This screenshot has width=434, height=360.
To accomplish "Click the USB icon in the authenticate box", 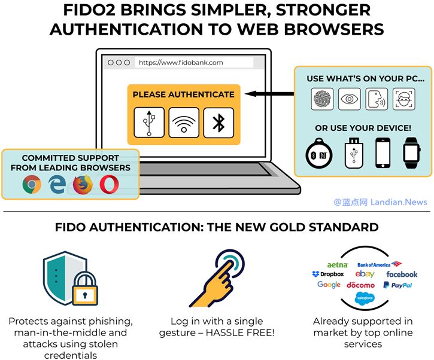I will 148,123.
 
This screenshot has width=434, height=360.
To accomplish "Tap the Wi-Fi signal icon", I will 184,123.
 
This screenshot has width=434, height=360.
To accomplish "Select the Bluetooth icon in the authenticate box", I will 218,123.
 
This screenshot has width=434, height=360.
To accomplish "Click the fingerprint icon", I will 322,99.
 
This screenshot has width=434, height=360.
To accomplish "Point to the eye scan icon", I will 350,99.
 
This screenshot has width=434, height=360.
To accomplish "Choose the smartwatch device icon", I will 411,152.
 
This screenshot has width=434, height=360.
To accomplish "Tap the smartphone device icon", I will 383,152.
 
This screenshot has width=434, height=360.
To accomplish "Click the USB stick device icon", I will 354,152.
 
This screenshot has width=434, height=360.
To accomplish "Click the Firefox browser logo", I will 83,185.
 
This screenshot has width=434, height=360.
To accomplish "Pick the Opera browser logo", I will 109,185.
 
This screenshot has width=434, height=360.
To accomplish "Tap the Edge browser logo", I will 57,185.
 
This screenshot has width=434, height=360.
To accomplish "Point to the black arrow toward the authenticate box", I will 269,94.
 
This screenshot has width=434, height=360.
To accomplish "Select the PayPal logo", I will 397,285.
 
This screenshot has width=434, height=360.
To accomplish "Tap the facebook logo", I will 402,274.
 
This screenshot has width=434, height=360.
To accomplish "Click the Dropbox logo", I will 328,274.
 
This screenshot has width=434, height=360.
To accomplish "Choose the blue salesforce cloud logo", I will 365,298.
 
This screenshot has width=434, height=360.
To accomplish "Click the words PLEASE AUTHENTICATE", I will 183,94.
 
